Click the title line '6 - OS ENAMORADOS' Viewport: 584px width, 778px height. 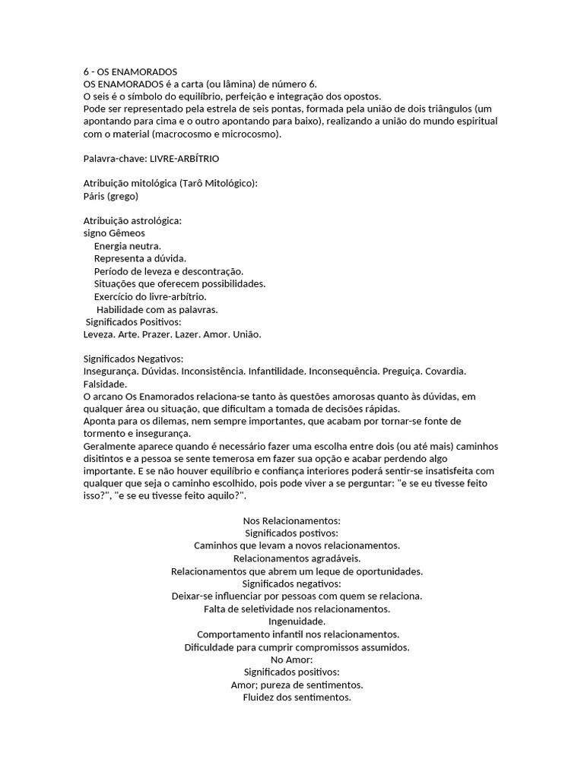[130, 72]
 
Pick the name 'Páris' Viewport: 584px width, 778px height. [95, 196]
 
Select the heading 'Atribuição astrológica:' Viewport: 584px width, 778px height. [132, 221]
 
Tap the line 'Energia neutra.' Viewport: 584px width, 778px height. [127, 246]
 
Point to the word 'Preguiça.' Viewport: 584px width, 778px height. [397, 371]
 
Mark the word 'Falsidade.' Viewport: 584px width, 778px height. [105, 384]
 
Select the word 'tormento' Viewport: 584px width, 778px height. [103, 433]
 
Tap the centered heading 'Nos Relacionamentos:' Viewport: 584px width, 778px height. [291, 520]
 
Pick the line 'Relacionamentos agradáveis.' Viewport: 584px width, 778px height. [291, 558]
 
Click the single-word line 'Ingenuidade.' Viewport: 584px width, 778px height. [291, 621]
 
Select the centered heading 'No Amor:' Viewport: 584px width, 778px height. [291, 659]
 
